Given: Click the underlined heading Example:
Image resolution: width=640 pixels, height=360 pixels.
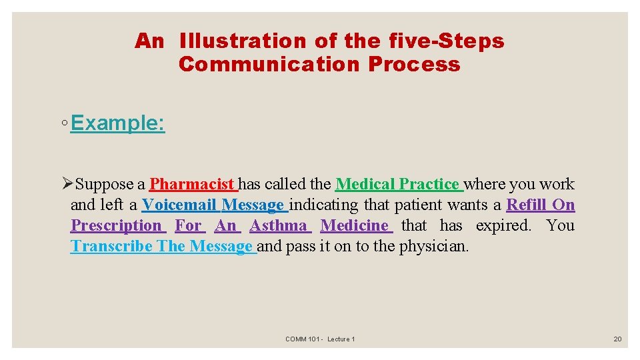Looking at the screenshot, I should (117, 123).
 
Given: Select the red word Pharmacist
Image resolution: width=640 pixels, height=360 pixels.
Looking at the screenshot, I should (192, 184).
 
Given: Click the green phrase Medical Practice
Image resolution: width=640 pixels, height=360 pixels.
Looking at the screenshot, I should (397, 184).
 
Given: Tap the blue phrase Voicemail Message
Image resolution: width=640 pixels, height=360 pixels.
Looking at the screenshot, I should (213, 205).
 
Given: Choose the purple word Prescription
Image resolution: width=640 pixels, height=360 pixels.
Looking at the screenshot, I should (117, 225).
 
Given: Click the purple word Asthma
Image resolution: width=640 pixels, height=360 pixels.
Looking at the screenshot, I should (279, 225).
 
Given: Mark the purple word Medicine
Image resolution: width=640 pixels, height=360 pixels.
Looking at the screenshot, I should (355, 225).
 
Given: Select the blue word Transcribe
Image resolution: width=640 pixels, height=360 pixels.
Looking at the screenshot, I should (111, 246).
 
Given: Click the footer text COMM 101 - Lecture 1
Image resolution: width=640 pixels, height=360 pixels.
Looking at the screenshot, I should (320, 339).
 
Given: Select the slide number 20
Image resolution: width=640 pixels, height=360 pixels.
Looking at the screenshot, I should (617, 339).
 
